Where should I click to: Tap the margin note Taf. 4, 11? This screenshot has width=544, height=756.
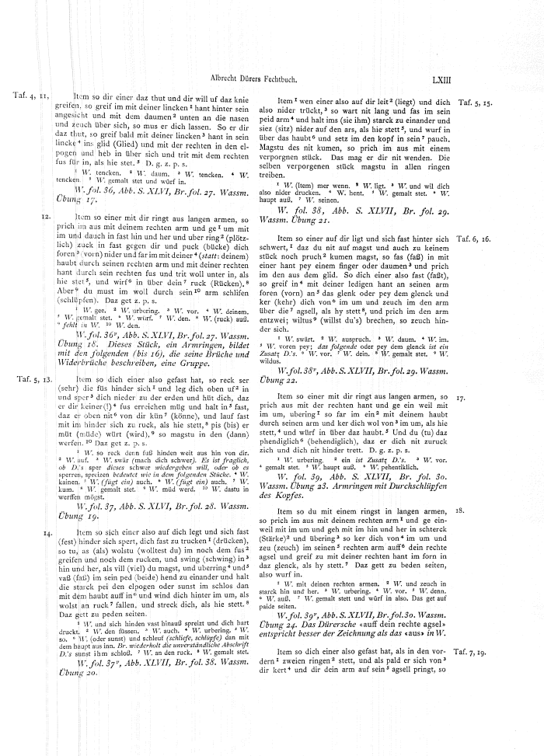point(32,96)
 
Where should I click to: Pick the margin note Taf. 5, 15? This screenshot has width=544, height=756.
point(476,102)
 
